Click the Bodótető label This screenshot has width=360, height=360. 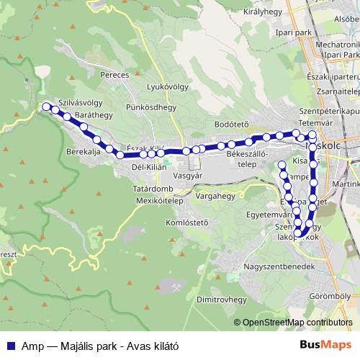point(231,125)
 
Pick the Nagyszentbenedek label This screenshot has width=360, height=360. point(281,266)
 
